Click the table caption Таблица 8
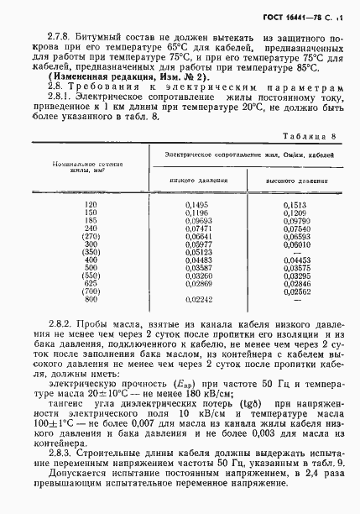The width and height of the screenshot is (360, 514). tap(310, 136)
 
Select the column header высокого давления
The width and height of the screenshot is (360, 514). tap(290, 180)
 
